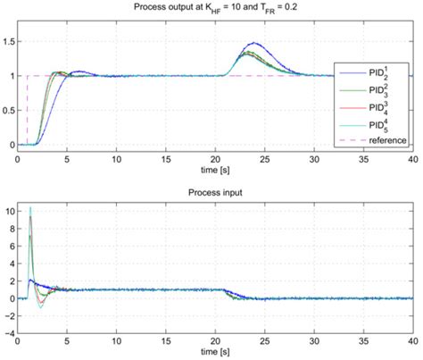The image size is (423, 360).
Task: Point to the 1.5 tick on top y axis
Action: click(x=9, y=42)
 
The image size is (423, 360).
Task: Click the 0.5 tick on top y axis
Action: click(x=9, y=111)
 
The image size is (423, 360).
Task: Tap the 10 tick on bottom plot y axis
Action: click(x=9, y=212)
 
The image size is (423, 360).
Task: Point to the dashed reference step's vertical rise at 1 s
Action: click(x=28, y=111)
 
